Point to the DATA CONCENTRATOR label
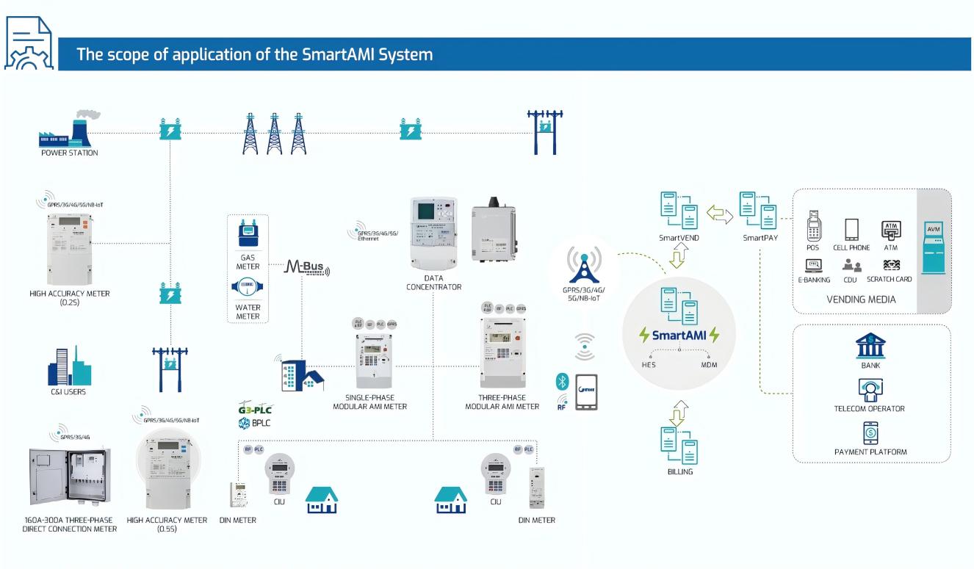pyautogui.click(x=433, y=282)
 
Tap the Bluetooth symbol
pyautogui.click(x=562, y=381)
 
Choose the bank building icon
pyautogui.click(x=870, y=345)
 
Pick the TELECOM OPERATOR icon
pyautogui.click(x=870, y=390)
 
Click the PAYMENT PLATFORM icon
pyautogui.click(x=870, y=433)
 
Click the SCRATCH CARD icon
pyautogui.click(x=890, y=265)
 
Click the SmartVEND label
pyautogui.click(x=678, y=239)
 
